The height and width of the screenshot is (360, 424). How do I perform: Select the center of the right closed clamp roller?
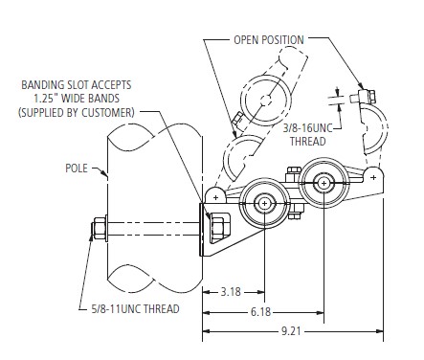coord(324,182)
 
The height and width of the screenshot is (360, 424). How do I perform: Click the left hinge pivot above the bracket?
coord(218,196)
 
